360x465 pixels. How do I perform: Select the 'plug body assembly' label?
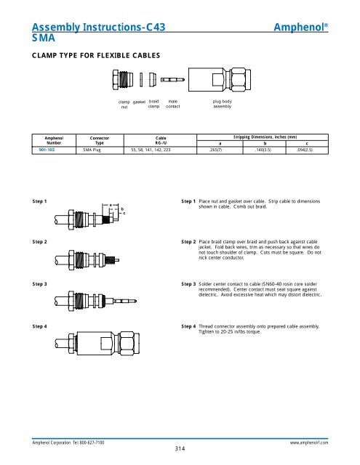(222, 105)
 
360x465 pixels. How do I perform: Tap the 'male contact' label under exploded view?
(173, 105)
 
